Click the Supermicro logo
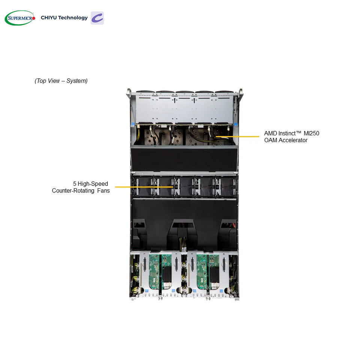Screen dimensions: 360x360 pos(20,18)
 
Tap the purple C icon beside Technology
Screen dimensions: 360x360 pos(97,18)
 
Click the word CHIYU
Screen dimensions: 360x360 pos(49,18)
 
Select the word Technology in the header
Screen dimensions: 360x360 pos(73,18)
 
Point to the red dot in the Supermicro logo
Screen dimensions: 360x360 pos(34,18)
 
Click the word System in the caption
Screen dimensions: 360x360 pos(77,81)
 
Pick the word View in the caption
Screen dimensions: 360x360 pos(54,81)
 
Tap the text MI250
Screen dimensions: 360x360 pos(311,133)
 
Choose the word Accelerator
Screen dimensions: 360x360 pos(293,140)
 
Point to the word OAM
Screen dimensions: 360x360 pos(270,140)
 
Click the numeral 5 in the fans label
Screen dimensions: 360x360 pos(75,184)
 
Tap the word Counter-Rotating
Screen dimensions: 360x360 pos(73,190)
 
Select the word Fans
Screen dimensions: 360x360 pos(103,190)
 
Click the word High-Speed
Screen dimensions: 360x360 pos(93,184)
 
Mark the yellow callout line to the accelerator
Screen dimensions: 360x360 pos(237,136)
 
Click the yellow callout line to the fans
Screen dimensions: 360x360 pos(144,187)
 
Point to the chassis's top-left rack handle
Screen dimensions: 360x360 pos(129,93)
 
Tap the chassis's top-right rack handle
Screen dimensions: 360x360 pos(240,93)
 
